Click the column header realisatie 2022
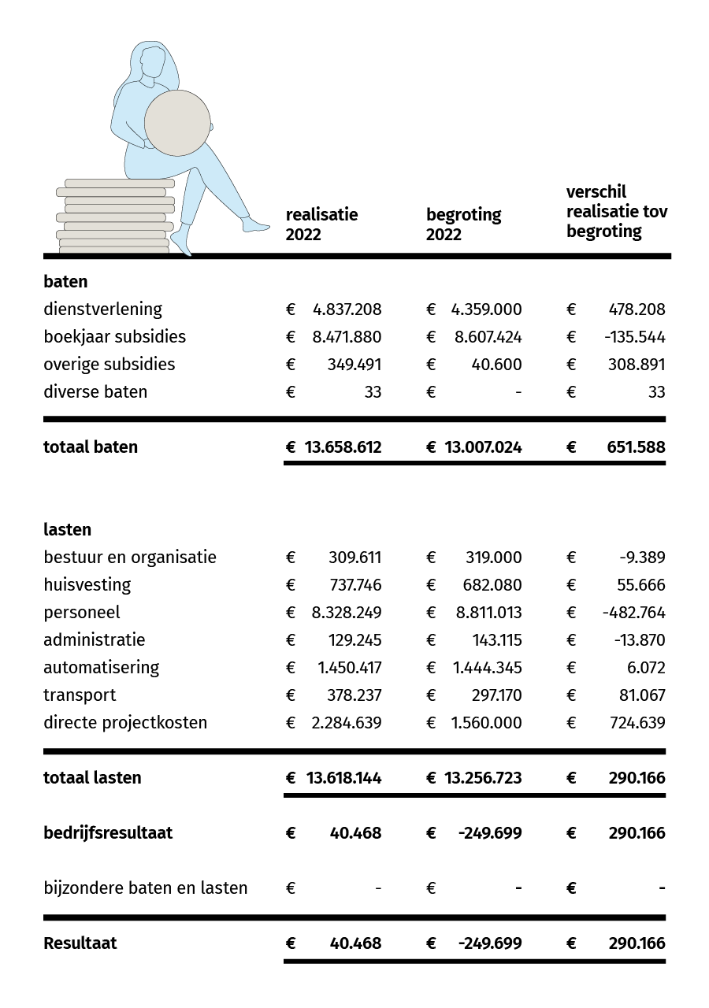tap(321, 224)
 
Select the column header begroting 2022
tap(463, 224)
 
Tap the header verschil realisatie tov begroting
tap(616, 212)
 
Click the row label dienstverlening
tap(102, 309)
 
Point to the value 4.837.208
tap(347, 309)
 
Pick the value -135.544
tap(634, 337)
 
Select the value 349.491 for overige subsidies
tap(354, 365)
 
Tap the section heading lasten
tap(67, 530)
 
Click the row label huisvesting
tap(87, 585)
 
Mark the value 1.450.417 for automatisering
tap(349, 668)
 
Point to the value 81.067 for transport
tap(640, 695)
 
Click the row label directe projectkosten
tap(125, 723)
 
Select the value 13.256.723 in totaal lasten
tap(483, 778)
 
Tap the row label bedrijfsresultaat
tap(108, 833)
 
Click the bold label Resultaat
tap(80, 943)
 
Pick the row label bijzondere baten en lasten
tap(145, 888)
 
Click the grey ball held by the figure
tap(177, 123)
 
